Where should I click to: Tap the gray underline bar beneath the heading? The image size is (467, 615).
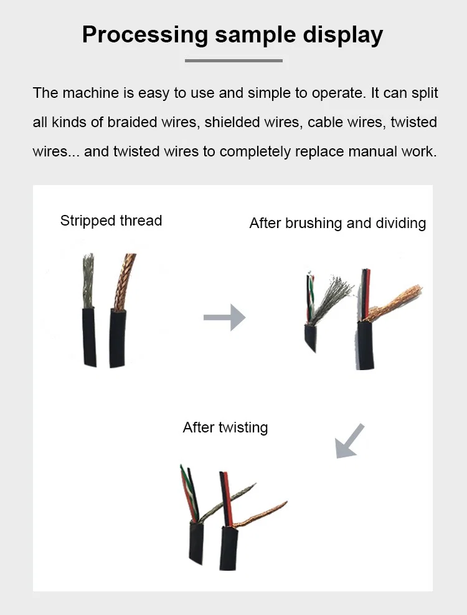233,60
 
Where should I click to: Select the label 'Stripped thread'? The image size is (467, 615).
111,221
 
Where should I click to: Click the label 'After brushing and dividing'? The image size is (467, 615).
337,223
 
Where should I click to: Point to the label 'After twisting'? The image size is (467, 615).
225,427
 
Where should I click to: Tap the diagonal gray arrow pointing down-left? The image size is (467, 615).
349,441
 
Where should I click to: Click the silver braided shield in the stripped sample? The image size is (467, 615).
88,280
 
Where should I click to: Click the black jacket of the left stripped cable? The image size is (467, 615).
89,336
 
